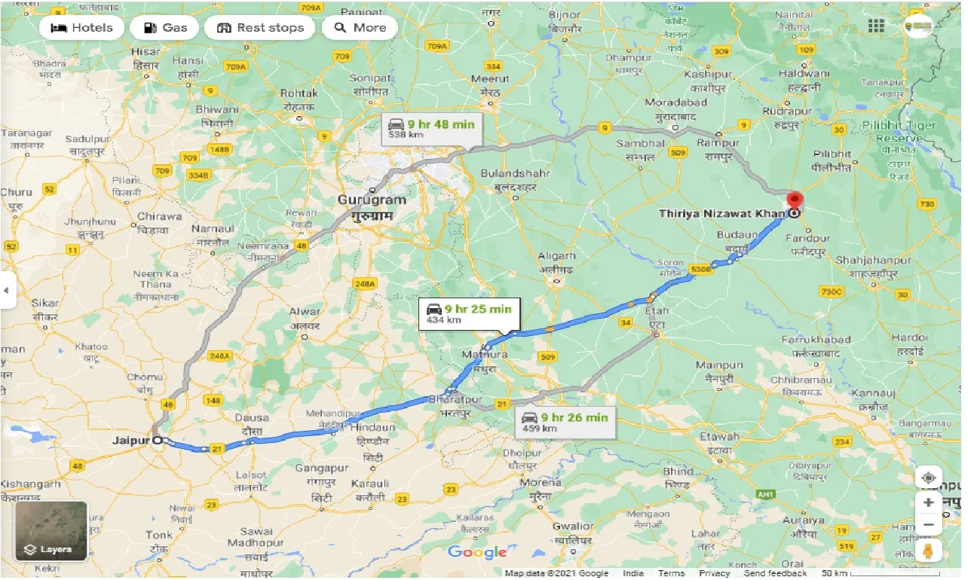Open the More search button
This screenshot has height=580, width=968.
pyautogui.click(x=360, y=28)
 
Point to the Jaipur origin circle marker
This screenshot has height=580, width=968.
pyautogui.click(x=157, y=440)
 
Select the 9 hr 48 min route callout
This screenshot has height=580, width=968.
pyautogui.click(x=432, y=129)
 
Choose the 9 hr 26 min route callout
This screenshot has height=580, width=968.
pyautogui.click(x=565, y=423)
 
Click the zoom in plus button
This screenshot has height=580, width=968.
pyautogui.click(x=929, y=502)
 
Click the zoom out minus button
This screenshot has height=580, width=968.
pyautogui.click(x=929, y=525)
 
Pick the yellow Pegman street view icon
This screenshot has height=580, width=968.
pyautogui.click(x=929, y=550)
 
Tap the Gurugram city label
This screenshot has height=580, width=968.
pyautogui.click(x=371, y=200)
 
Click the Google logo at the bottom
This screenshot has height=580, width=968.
pyautogui.click(x=477, y=553)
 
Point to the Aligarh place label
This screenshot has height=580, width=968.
pyautogui.click(x=557, y=256)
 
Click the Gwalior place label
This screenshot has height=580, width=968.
pyautogui.click(x=573, y=527)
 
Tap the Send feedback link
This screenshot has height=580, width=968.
pyautogui.click(x=775, y=573)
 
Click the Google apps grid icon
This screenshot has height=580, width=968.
pyautogui.click(x=876, y=26)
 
